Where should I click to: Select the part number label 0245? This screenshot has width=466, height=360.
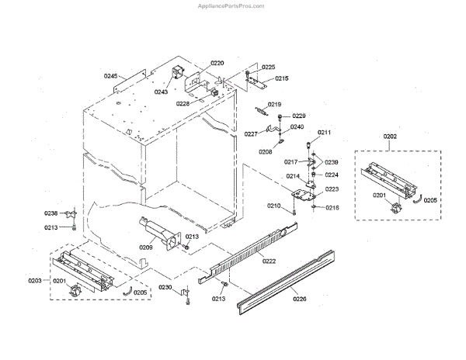tap(110, 76)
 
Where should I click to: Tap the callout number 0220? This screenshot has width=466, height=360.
tap(217, 63)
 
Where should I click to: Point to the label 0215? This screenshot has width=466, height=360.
tap(281, 78)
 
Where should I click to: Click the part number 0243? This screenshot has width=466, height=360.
tap(161, 92)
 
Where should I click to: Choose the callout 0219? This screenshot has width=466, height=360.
tap(275, 104)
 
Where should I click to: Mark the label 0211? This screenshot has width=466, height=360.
tap(324, 133)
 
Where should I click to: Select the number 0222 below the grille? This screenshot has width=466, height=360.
tap(269, 261)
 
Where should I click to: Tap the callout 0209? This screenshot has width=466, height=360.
tap(146, 247)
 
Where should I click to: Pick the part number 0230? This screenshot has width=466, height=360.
tap(165, 288)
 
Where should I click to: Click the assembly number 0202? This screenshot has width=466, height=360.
tap(390, 137)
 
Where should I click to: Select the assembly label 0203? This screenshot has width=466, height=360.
tap(35, 279)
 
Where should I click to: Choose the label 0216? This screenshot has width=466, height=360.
tap(332, 208)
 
